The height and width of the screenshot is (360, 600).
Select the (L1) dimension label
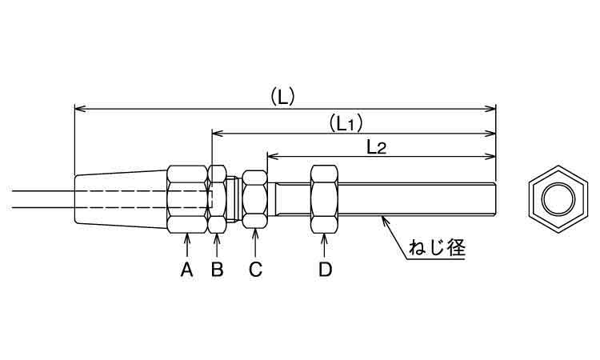coord(346,123)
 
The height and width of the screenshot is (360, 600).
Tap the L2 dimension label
coord(377,146)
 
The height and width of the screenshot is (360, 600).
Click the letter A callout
coord(186,270)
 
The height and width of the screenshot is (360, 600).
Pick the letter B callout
coord(217,270)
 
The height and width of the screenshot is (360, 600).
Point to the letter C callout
coord(255,270)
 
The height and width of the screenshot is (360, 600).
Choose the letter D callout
coord(324,270)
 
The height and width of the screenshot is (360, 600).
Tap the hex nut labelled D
coord(324,199)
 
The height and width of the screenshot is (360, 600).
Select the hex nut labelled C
coord(255,199)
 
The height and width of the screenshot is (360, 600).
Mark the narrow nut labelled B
coord(217,199)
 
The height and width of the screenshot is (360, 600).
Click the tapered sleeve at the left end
coord(120,198)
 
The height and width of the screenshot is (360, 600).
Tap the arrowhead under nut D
coord(324,238)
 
